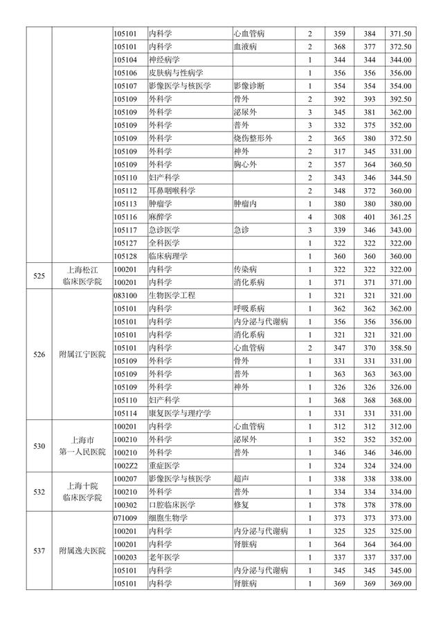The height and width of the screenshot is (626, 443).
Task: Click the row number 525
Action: tap(39, 275)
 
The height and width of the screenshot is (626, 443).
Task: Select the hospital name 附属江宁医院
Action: tap(82, 354)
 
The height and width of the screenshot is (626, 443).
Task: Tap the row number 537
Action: tap(39, 551)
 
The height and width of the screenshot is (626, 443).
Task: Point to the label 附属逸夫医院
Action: tap(82, 551)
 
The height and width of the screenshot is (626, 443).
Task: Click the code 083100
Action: tap(126, 295)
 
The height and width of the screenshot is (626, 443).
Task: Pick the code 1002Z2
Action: tap(126, 466)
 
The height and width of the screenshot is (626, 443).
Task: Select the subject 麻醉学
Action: tap(160, 217)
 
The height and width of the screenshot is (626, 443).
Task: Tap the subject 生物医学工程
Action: tap(172, 295)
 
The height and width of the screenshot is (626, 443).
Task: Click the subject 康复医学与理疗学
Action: tap(179, 413)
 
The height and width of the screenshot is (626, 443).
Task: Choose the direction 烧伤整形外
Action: tap(253, 138)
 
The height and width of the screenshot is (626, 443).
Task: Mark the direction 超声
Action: tap(241, 479)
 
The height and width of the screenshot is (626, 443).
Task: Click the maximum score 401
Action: tap(369, 217)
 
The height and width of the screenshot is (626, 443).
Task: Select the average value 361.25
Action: tap(401, 217)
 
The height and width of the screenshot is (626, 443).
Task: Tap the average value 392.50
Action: tap(401, 99)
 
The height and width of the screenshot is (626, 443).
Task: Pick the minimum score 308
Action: tap(339, 217)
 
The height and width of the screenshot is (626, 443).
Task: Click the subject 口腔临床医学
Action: tap(172, 505)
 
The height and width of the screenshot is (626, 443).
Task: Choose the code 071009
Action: tap(126, 518)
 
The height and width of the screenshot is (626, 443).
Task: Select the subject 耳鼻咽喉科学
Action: tap(172, 191)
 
